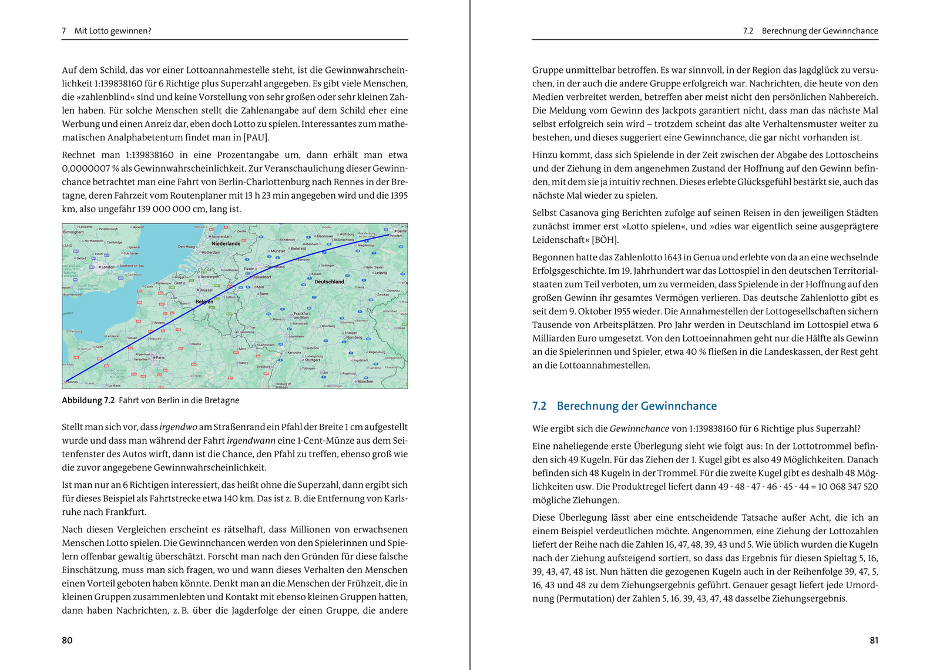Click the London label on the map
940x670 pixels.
tap(107, 267)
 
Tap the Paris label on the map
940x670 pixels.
tap(159, 357)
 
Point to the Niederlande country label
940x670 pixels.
tap(226, 243)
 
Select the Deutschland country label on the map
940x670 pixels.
tap(329, 282)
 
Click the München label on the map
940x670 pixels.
tap(365, 381)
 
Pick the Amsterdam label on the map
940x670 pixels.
tap(221, 236)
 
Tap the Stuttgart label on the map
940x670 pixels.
tap(313, 360)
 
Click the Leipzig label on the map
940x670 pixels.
tap(380, 273)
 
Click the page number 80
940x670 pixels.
tap(67, 640)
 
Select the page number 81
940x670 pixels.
tap(874, 640)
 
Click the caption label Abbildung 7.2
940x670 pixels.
tap(88, 400)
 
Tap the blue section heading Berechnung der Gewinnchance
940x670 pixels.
tap(636, 406)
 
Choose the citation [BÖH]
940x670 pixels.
tap(605, 240)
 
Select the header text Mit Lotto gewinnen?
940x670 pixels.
tap(113, 31)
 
